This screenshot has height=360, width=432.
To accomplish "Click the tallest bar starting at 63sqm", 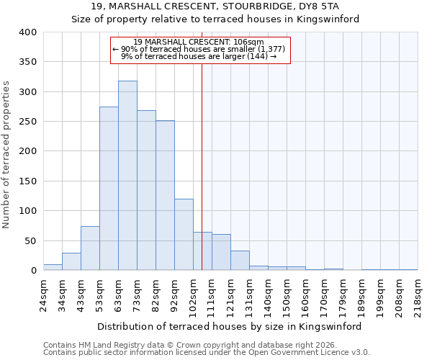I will [x=127, y=176].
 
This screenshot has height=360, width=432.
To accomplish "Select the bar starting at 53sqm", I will [x=109, y=189].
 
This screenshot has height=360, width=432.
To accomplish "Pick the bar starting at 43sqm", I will [x=90, y=248].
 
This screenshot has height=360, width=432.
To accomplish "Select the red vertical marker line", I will [x=202, y=166].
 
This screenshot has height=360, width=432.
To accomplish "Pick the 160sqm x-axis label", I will [x=306, y=294].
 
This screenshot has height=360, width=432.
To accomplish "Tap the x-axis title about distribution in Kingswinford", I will [x=230, y=326].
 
